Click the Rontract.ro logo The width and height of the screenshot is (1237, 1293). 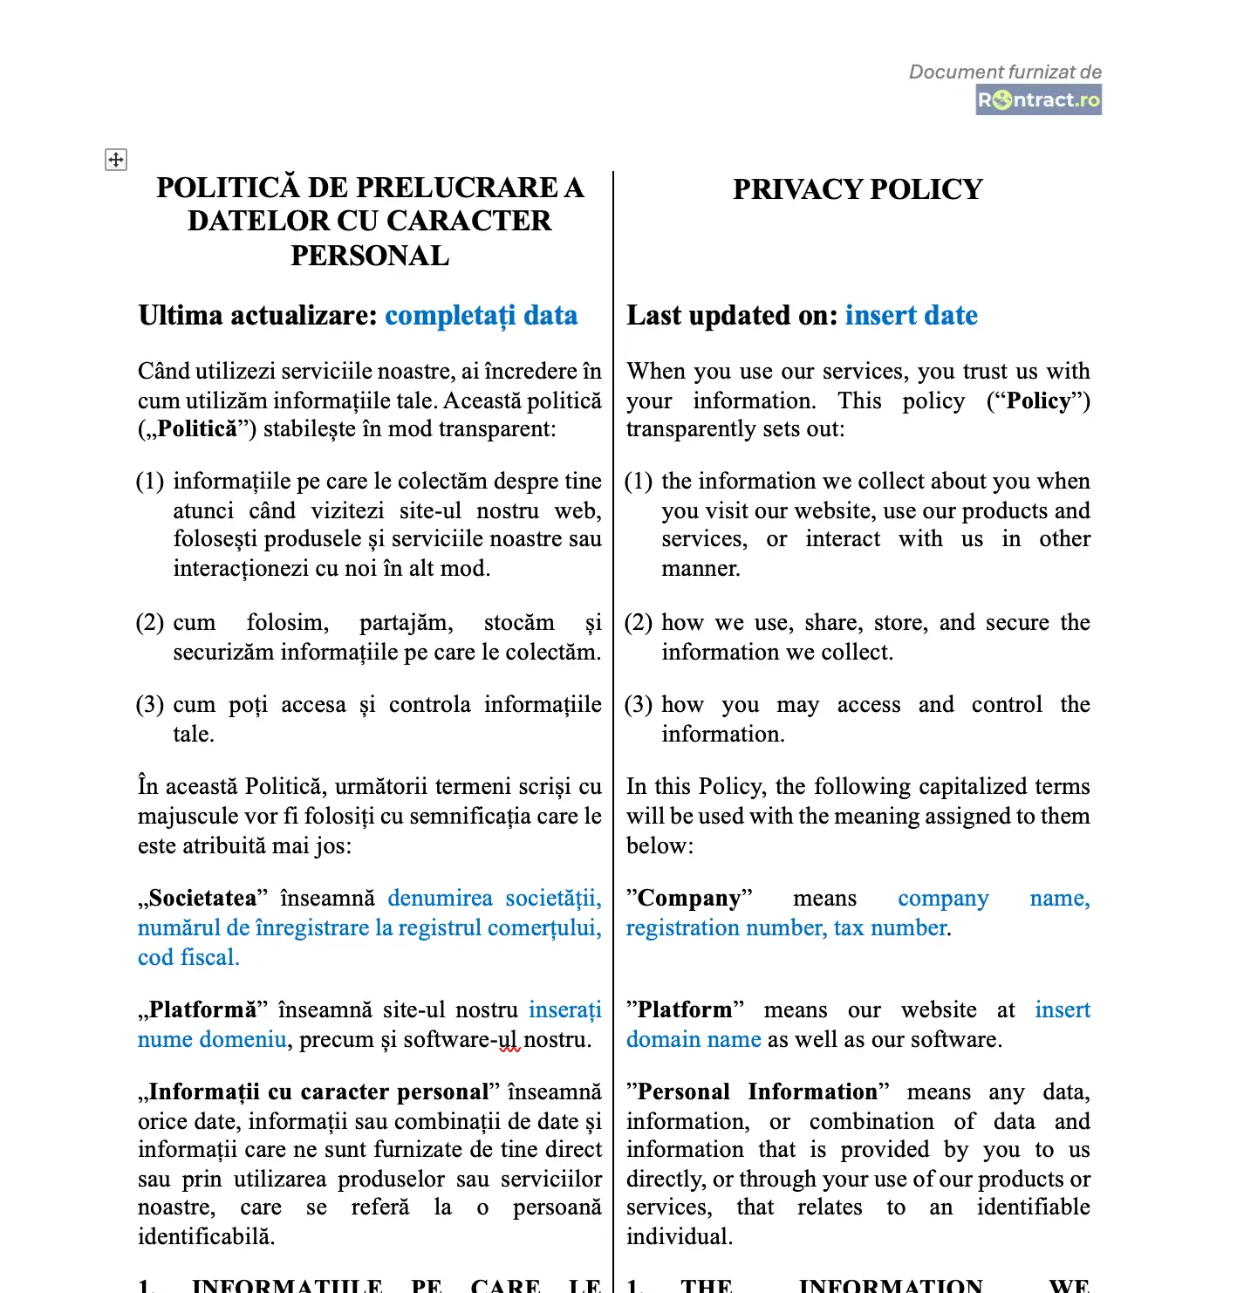(x=1038, y=99)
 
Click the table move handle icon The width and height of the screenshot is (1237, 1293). (x=116, y=160)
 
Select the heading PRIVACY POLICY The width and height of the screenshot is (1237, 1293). (x=858, y=189)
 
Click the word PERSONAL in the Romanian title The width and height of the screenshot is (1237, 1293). (x=370, y=256)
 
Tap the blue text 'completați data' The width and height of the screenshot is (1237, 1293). (x=481, y=315)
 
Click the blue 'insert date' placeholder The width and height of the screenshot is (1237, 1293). (x=911, y=315)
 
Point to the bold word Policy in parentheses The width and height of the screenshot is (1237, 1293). (x=1038, y=400)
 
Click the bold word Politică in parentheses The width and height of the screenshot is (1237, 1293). (x=197, y=429)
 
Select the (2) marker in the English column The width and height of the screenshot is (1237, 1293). (x=639, y=622)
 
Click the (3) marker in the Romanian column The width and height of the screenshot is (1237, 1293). (x=150, y=704)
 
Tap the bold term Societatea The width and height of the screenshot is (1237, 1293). (x=202, y=898)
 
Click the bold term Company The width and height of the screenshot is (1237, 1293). (x=689, y=898)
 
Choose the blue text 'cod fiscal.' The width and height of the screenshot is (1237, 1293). (x=188, y=957)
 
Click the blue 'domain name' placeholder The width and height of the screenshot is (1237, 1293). (x=694, y=1039)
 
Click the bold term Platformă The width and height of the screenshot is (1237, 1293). (x=202, y=1009)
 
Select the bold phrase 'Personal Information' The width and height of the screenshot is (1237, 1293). (x=757, y=1091)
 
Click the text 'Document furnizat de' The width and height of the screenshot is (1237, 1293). (x=1005, y=72)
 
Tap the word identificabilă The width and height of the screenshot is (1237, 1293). (x=207, y=1236)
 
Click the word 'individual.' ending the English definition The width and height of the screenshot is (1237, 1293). (x=680, y=1236)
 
